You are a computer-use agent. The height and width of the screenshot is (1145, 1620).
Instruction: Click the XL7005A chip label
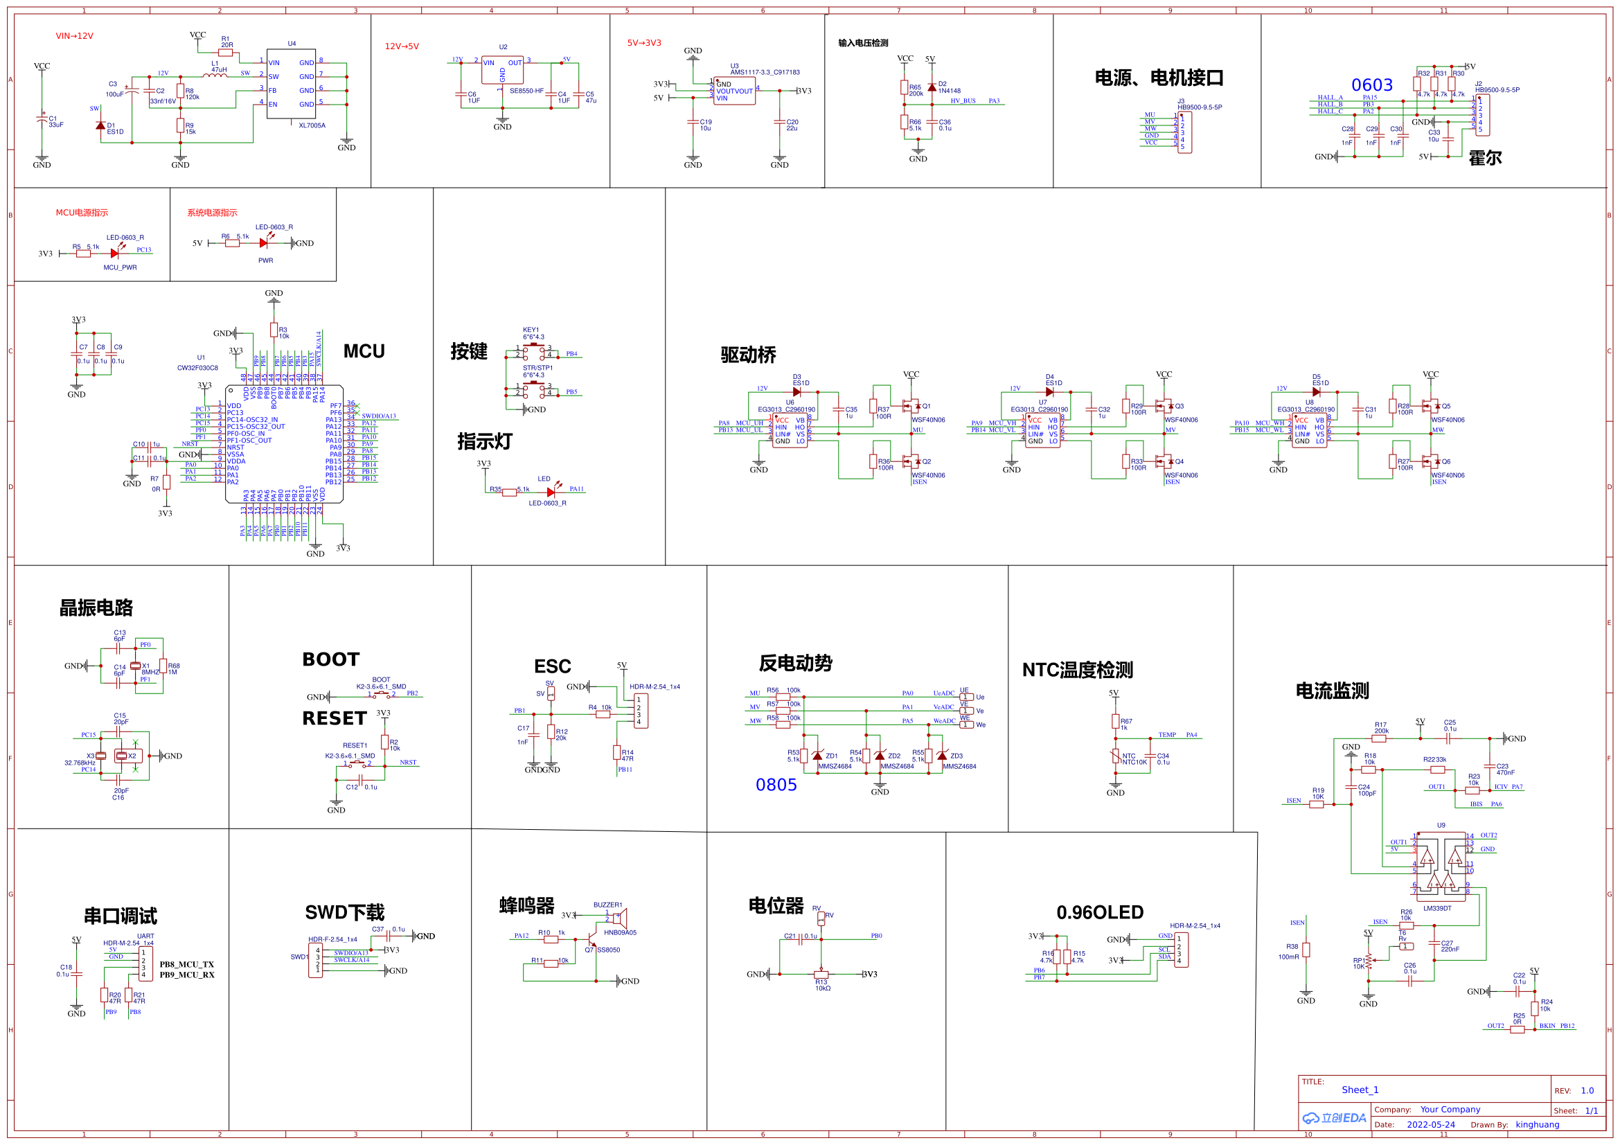pos(312,125)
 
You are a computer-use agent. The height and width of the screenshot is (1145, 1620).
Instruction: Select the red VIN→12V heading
pos(75,36)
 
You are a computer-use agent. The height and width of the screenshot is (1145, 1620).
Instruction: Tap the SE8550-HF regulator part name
pos(526,91)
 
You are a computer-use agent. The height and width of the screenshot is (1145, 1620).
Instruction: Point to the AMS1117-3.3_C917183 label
pos(765,72)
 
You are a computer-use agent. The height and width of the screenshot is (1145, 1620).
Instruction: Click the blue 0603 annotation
pos(1371,85)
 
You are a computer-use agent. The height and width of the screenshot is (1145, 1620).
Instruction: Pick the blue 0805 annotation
pos(776,785)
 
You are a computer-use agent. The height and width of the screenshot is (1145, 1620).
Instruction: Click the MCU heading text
pos(364,351)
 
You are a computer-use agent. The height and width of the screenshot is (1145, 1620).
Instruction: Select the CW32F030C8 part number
pos(197,368)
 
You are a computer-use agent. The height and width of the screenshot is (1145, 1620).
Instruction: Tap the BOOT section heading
pos(331,659)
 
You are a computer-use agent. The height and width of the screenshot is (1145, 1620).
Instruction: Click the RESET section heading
pos(335,719)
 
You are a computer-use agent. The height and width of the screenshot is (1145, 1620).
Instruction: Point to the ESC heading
pos(553,666)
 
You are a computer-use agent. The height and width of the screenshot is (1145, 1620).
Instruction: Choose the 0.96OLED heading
pos(1100,913)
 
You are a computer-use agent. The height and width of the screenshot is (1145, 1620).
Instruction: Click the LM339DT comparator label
pos(1437,909)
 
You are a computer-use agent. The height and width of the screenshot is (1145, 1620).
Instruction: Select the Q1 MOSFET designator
pos(927,407)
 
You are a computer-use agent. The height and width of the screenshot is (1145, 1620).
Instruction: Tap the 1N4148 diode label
pos(950,91)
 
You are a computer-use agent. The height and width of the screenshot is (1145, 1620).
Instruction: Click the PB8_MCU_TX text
pos(186,965)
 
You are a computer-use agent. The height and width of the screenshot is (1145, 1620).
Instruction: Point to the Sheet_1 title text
pos(1360,1090)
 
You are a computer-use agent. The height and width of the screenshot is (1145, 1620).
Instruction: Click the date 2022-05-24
pos(1431,1125)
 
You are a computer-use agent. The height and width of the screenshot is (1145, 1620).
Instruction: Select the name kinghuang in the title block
pos(1538,1125)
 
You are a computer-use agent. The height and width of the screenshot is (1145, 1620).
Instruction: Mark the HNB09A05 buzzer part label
pos(620,932)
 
